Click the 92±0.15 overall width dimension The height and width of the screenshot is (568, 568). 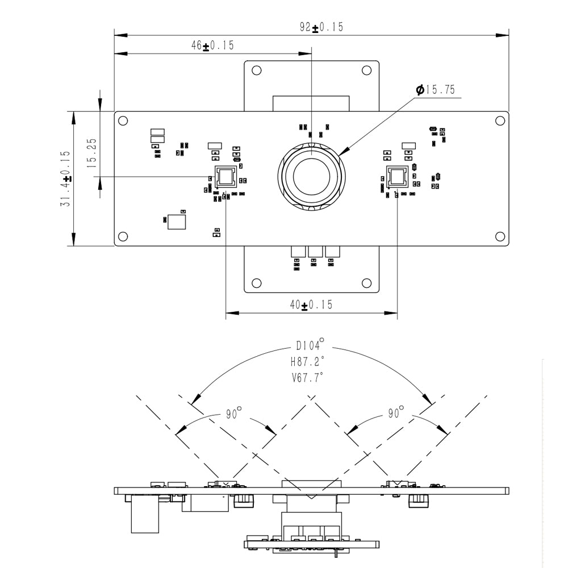click(x=321, y=27)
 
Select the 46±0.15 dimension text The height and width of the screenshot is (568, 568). click(x=212, y=46)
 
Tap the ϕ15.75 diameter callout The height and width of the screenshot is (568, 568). click(x=435, y=90)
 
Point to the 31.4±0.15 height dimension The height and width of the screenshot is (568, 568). click(x=65, y=178)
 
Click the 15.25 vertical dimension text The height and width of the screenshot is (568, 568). click(x=91, y=152)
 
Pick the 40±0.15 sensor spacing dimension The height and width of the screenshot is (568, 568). click(x=311, y=305)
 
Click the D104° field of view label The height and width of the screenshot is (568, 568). click(x=310, y=345)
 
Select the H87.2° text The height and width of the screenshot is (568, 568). click(x=307, y=361)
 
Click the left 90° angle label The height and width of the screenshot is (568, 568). click(x=231, y=414)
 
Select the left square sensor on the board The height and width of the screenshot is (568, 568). click(x=225, y=177)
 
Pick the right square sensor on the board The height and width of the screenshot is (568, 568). click(x=396, y=177)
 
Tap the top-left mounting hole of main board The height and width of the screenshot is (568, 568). click(x=123, y=120)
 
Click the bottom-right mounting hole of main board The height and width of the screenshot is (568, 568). click(x=500, y=236)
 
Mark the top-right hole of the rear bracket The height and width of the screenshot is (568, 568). click(x=366, y=70)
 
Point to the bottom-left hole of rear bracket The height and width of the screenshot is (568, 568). click(x=256, y=283)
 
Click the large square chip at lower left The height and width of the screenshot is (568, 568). click(x=177, y=220)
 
